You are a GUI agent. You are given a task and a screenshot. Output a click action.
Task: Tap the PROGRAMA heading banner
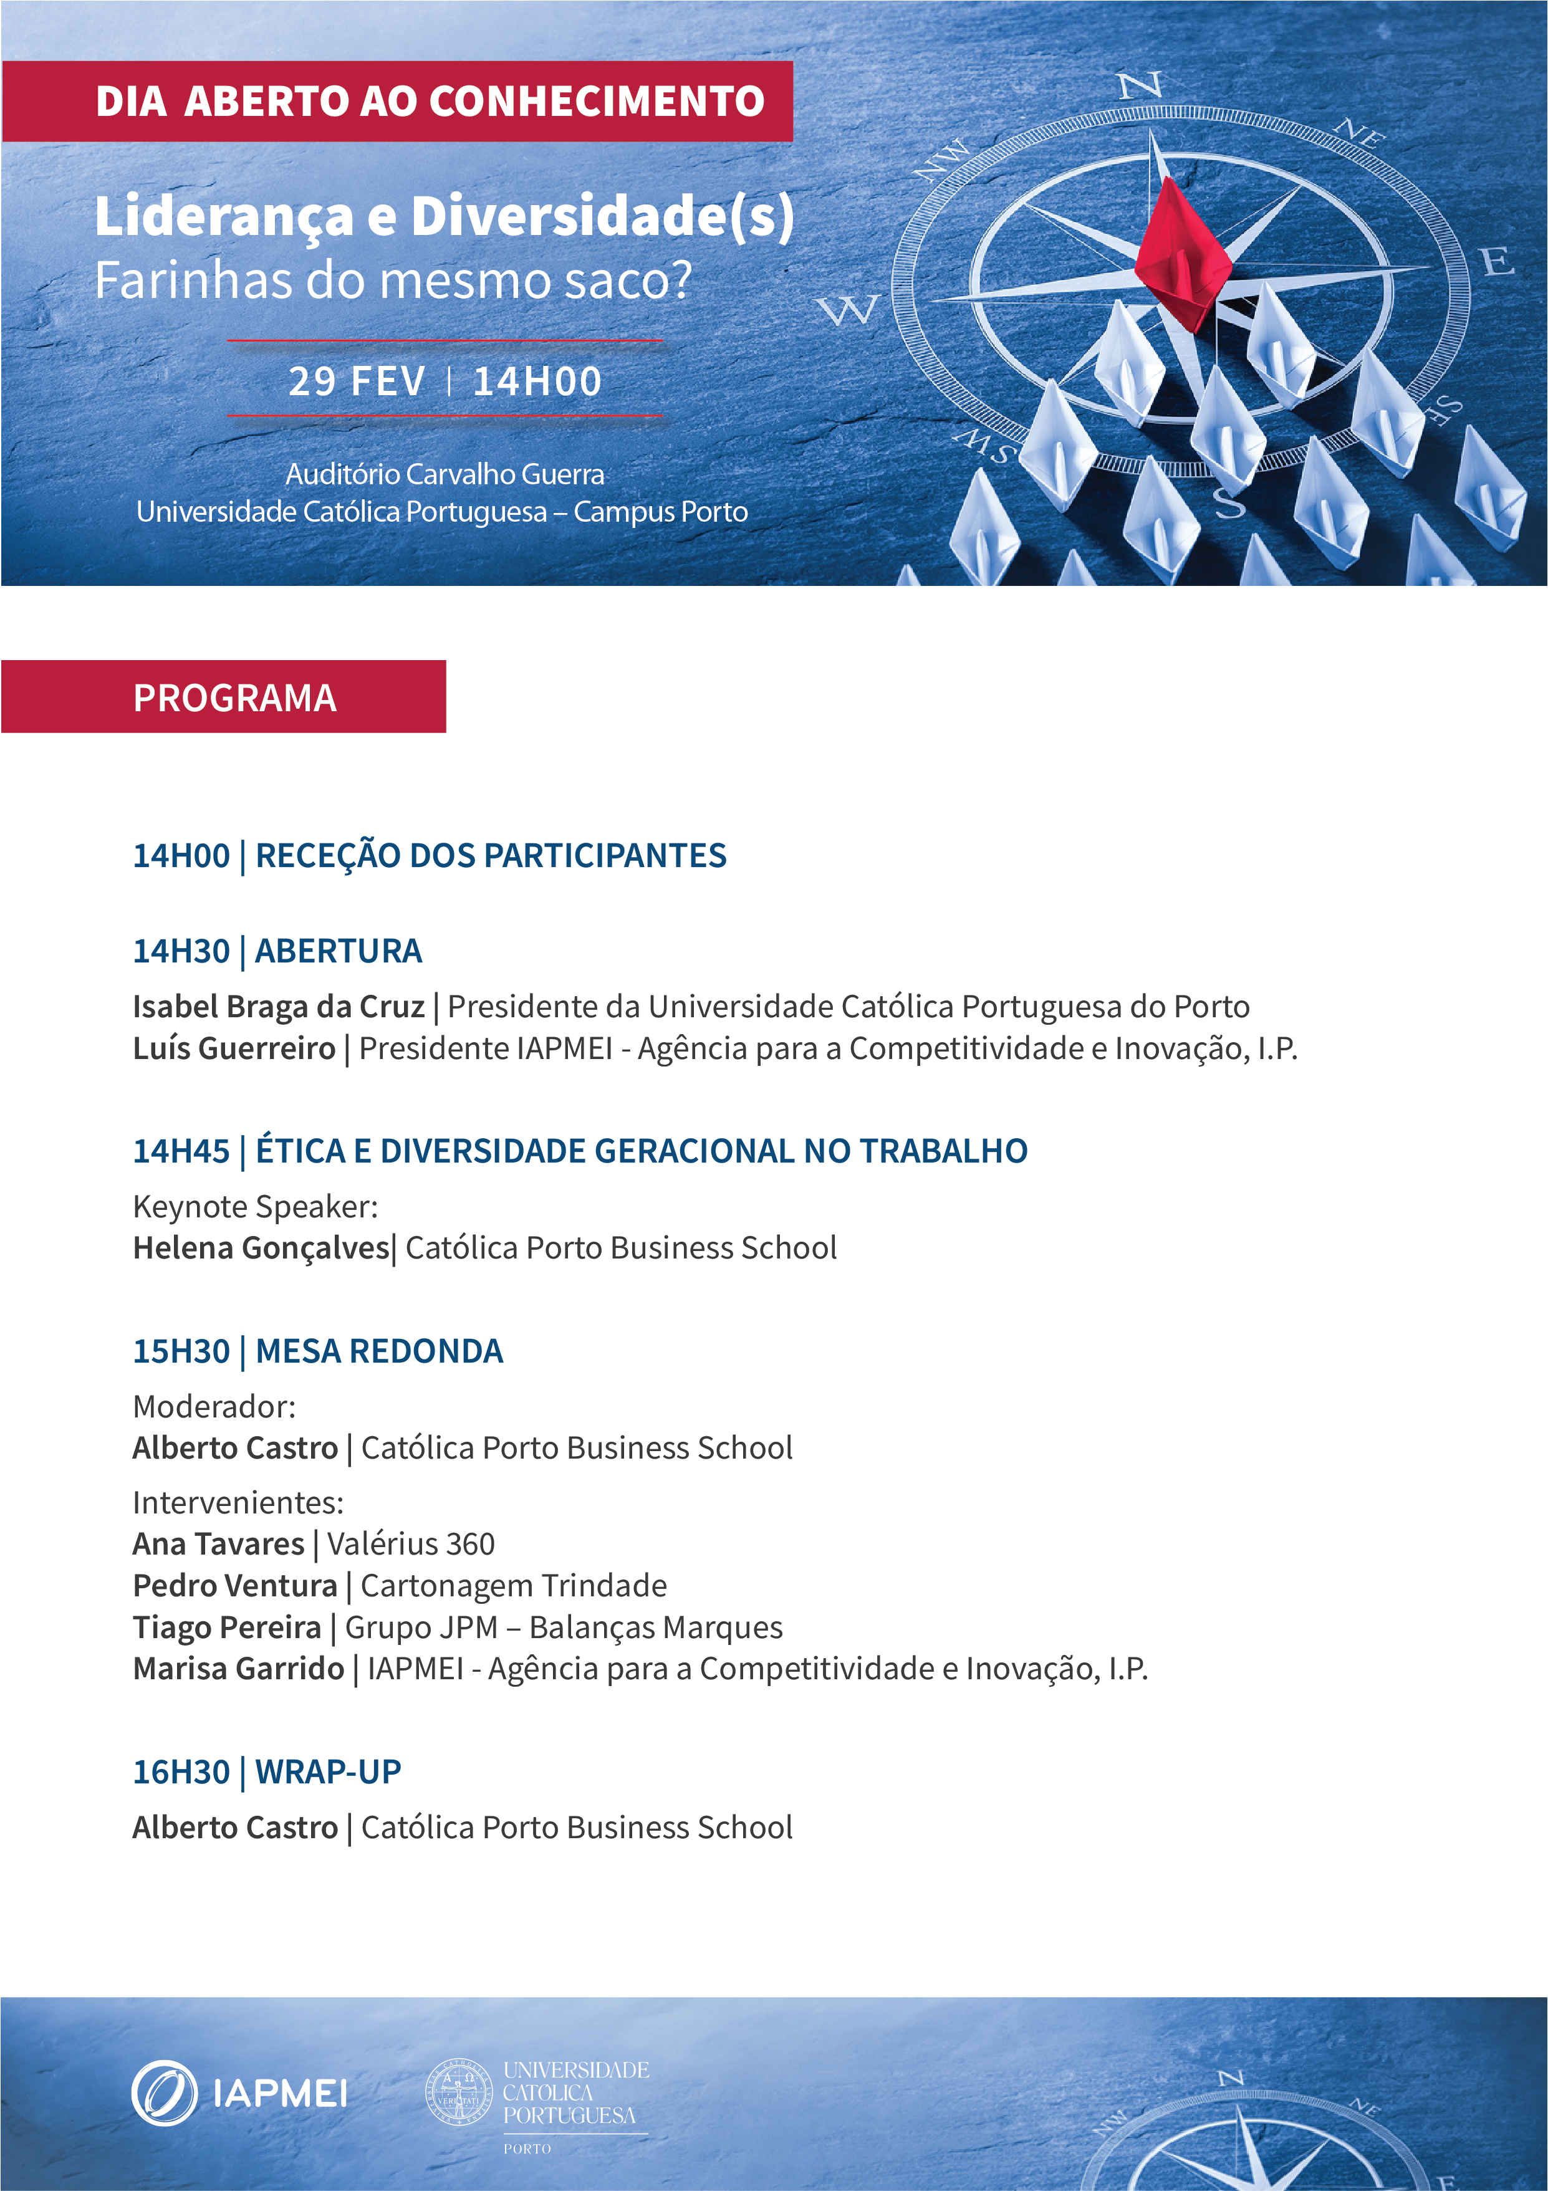[223, 697]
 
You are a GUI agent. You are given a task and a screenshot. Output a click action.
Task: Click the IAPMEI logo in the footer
[239, 2093]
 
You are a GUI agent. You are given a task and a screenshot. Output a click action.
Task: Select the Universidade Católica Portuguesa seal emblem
[459, 2091]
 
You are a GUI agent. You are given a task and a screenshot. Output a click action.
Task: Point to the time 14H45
[181, 1151]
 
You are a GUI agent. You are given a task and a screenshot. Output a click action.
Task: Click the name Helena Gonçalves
[261, 1247]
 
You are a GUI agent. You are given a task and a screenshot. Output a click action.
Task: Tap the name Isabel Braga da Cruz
[277, 1006]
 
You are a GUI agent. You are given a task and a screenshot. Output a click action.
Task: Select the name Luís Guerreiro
[234, 1048]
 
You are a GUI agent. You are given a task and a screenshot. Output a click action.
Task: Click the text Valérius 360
[410, 1543]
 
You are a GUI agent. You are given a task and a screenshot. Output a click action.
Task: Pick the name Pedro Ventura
[235, 1585]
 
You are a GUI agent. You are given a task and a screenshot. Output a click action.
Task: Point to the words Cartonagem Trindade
[514, 1585]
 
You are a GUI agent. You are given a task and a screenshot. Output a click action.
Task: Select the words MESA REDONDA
[379, 1351]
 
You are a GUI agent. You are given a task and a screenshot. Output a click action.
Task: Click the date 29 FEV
[357, 381]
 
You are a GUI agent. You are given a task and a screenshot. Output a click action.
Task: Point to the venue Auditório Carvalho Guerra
[445, 474]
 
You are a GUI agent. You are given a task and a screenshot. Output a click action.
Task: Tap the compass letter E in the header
[1498, 261]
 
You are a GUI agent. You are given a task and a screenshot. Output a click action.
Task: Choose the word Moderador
[214, 1406]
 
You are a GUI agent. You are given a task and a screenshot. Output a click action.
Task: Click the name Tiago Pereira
[227, 1627]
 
